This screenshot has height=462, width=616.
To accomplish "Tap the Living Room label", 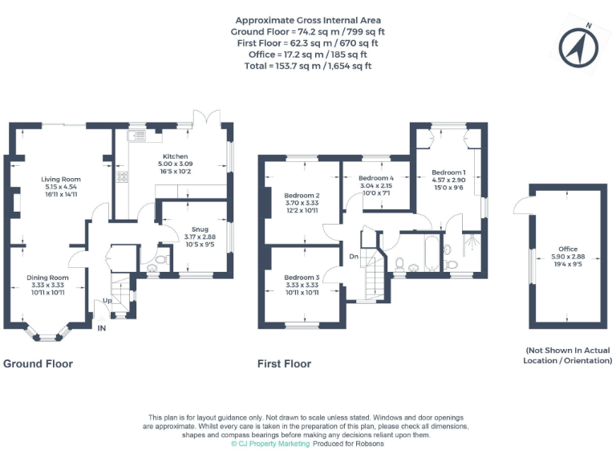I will [61, 179].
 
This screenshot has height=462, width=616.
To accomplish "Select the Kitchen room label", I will [176, 156].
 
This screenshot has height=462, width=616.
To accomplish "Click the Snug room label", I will [190, 229].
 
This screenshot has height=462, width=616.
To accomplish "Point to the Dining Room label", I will [49, 278].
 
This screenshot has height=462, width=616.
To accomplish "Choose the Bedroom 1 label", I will [448, 172].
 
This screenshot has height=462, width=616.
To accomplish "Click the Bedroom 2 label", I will [302, 196].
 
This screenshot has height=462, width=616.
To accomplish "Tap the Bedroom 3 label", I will [302, 278].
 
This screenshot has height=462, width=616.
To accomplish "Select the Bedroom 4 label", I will [376, 177].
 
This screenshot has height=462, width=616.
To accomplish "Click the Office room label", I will [568, 249].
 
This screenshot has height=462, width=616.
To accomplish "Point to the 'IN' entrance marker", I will [101, 329].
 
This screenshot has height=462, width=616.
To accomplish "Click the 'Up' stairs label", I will [107, 301].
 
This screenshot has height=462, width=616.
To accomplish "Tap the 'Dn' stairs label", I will [353, 257].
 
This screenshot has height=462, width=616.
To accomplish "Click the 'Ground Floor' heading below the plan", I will [38, 364].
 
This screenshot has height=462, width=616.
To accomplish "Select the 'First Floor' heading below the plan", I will [284, 364].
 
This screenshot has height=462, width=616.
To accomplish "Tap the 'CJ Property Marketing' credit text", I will [270, 444].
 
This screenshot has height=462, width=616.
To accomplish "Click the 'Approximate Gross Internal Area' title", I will [308, 20].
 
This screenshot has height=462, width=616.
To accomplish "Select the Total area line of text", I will [308, 66].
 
